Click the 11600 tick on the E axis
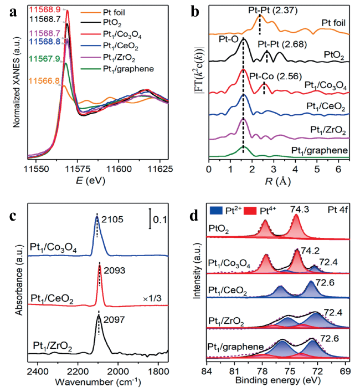119,167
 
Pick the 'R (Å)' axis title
276,180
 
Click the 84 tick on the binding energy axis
207,369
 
